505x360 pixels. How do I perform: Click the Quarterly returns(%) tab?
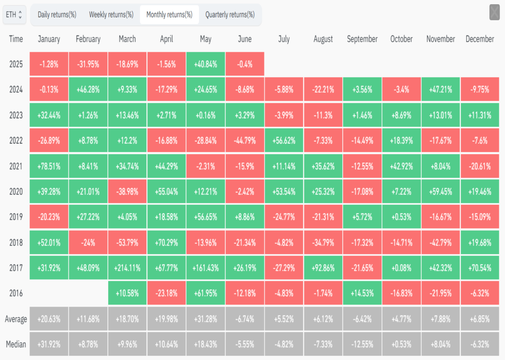(x=230, y=15)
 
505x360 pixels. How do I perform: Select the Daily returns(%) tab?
(x=57, y=15)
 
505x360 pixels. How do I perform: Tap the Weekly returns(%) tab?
(x=111, y=15)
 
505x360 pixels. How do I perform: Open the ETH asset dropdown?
(x=14, y=15)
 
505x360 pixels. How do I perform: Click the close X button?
(x=494, y=12)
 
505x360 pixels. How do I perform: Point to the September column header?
(x=362, y=39)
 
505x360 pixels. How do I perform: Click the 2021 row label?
(x=16, y=166)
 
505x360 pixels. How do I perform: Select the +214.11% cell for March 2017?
(x=128, y=268)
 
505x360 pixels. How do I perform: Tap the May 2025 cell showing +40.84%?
(x=206, y=64)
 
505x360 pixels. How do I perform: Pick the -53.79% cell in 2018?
(x=128, y=243)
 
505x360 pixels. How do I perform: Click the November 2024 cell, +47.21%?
(x=441, y=89)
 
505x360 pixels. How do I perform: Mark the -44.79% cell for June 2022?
(x=245, y=141)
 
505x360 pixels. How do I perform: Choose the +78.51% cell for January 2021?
(x=49, y=166)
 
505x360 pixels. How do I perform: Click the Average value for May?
(x=206, y=319)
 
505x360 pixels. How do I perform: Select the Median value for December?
(x=480, y=344)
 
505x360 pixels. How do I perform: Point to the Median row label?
(x=16, y=344)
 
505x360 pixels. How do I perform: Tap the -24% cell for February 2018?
(x=88, y=243)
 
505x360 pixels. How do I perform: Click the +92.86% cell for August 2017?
(x=323, y=268)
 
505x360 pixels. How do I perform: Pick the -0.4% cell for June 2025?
(x=245, y=64)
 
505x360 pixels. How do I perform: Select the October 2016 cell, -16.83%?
(x=401, y=293)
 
